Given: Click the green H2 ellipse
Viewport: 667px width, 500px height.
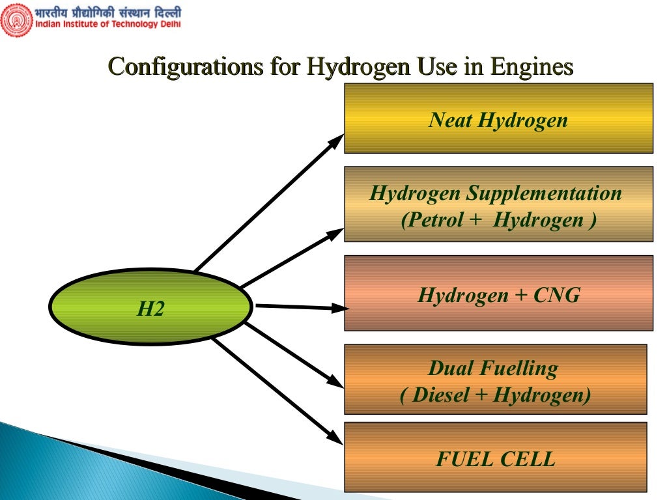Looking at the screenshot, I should point(150,307).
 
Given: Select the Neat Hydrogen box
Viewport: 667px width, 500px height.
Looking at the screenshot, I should point(498,118).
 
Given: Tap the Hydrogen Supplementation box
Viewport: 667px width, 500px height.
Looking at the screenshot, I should point(498,204).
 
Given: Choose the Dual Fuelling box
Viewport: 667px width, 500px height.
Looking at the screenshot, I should point(495,379).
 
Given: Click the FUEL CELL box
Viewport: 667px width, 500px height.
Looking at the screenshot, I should point(495,457).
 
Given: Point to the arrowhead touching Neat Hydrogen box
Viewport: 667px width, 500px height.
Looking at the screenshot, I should point(338,139).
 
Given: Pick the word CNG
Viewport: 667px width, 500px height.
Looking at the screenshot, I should point(556,296).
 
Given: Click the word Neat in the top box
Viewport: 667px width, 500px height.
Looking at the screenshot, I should point(450,120).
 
